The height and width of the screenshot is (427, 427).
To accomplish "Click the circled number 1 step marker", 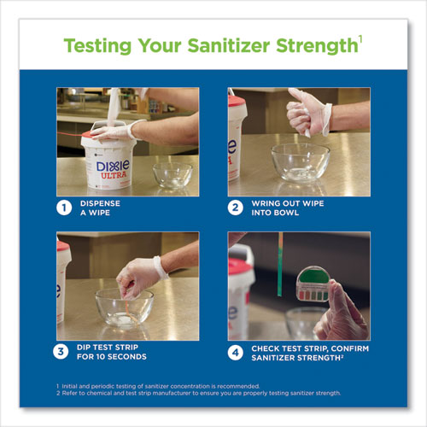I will [62, 207].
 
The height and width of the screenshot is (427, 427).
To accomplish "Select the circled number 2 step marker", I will [234, 207].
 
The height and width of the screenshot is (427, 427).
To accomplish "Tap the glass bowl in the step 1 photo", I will [173, 175].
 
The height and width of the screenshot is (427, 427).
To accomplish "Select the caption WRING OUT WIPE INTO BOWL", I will [286, 207].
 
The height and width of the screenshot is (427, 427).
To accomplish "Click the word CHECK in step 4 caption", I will [266, 347].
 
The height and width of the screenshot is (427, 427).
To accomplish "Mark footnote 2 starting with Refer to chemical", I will [196, 393].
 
